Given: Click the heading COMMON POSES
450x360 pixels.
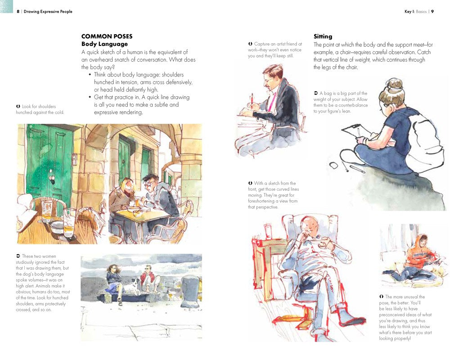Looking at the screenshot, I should click(x=107, y=36).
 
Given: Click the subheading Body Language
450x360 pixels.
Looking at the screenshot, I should click(x=104, y=44).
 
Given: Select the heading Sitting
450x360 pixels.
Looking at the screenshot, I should click(x=323, y=36).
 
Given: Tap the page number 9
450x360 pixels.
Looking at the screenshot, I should click(x=432, y=12).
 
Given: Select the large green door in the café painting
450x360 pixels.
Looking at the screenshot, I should click(x=49, y=157).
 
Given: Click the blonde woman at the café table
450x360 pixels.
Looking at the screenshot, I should click(x=122, y=191).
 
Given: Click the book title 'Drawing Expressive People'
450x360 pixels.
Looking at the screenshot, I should click(x=49, y=12).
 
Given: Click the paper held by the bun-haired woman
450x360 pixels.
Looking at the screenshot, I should click(x=355, y=132).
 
